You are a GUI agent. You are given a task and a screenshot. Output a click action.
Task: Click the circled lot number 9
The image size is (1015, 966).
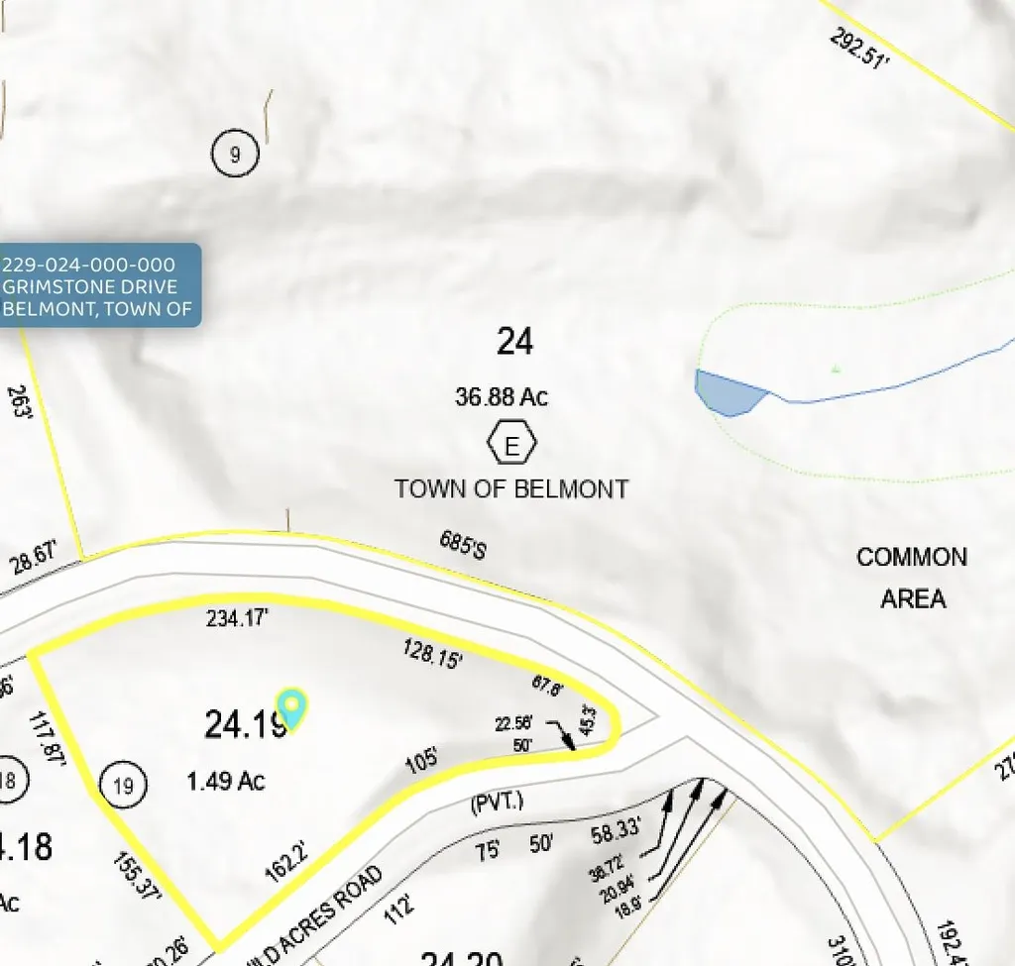[235, 154]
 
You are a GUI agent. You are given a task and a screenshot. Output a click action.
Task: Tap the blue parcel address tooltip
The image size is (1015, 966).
[99, 285]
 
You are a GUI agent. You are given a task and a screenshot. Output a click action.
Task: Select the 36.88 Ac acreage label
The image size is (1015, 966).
[502, 397]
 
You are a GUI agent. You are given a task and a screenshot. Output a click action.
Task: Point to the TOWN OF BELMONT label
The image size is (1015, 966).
[511, 488]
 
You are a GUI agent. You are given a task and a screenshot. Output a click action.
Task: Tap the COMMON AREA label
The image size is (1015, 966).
[912, 578]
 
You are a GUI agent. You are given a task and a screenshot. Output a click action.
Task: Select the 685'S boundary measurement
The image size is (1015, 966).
[464, 544]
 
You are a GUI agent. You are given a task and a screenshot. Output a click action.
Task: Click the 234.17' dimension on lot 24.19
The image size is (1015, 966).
[238, 619]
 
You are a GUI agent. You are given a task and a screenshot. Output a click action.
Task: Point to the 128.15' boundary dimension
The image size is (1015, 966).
[433, 653]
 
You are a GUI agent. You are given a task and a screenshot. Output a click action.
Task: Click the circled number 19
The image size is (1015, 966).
[124, 787]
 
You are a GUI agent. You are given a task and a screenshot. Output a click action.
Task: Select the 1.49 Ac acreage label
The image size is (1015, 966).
[226, 782]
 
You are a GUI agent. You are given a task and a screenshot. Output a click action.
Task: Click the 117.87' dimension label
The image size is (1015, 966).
[47, 739]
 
